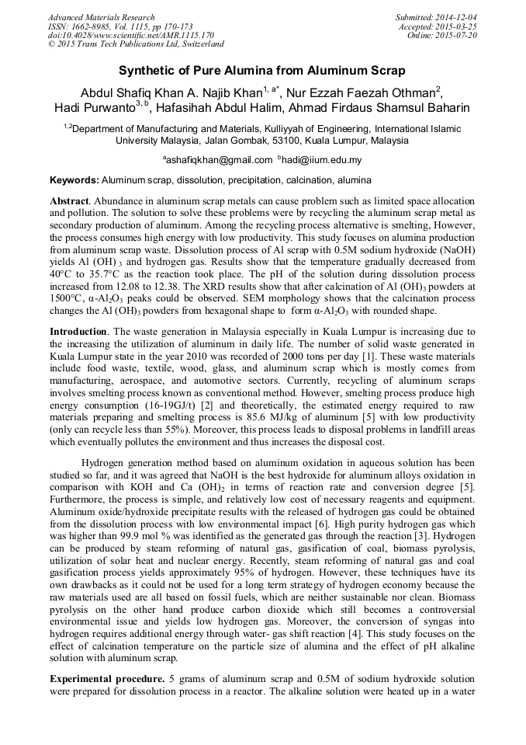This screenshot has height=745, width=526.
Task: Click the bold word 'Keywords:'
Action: coord(74,179)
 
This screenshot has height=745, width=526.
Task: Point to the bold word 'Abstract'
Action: coord(70,200)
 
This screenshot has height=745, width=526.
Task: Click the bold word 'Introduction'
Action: coord(78,332)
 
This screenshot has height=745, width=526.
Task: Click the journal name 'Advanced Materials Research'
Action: coord(102,17)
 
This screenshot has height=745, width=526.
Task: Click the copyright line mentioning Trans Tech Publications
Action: coord(136,45)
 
